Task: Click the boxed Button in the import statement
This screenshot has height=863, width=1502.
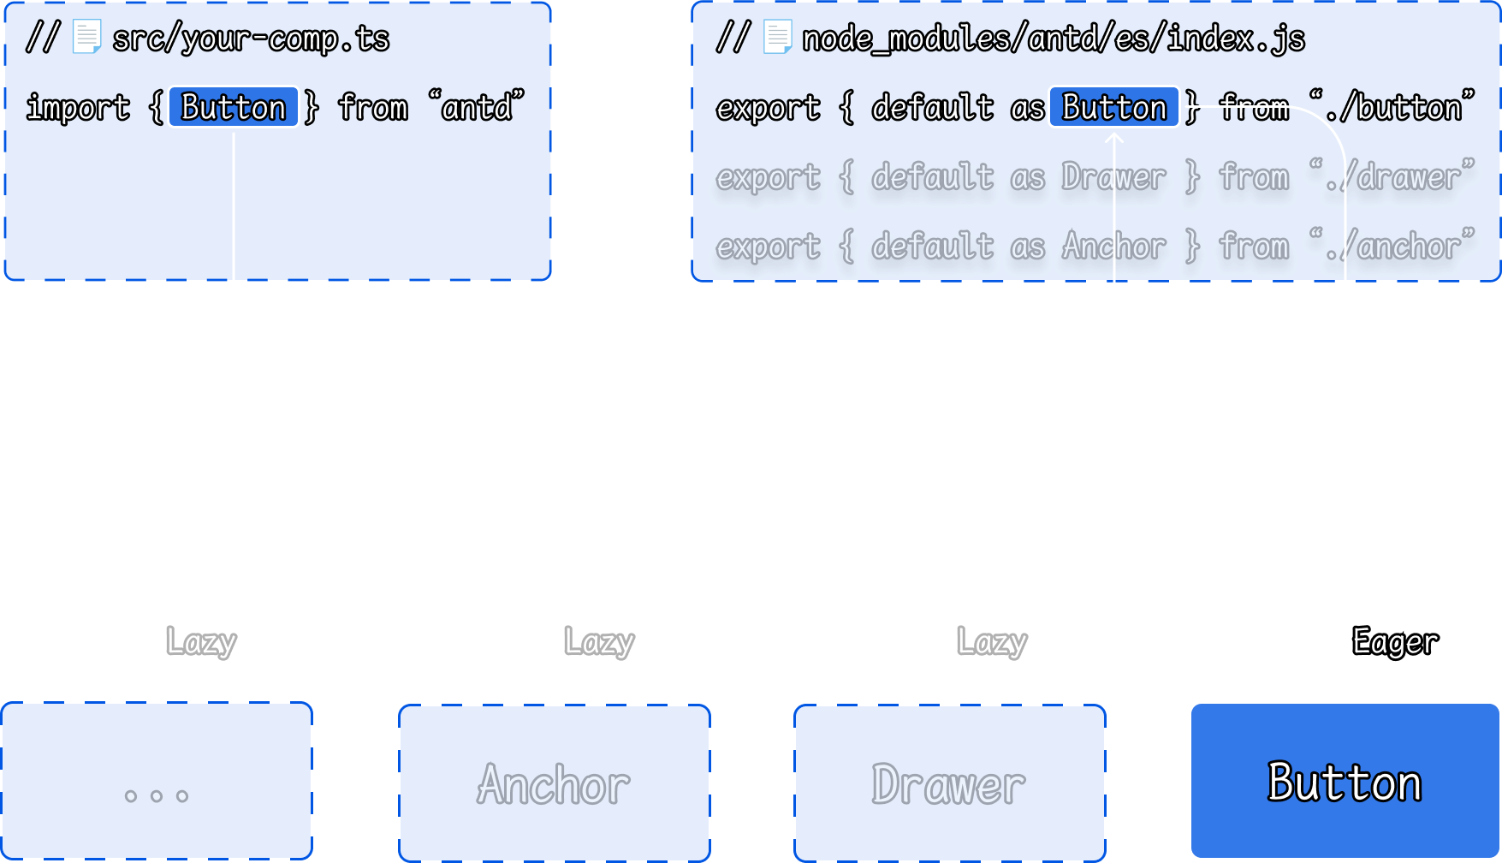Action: pyautogui.click(x=234, y=108)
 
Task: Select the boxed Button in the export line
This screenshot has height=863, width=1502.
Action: pyautogui.click(x=1113, y=108)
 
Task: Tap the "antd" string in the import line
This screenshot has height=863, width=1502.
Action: pyautogui.click(x=476, y=108)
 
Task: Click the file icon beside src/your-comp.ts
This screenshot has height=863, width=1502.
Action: pyautogui.click(x=86, y=38)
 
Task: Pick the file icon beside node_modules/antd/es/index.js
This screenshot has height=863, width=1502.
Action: pyautogui.click(x=776, y=38)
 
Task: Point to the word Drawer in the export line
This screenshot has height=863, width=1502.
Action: pyautogui.click(x=1113, y=177)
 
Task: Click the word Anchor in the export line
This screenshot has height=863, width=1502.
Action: pyautogui.click(x=1113, y=247)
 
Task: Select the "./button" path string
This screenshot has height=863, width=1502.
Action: pyautogui.click(x=1392, y=108)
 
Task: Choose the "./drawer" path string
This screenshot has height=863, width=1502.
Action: pyautogui.click(x=1392, y=177)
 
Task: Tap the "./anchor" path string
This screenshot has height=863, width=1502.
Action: pyautogui.click(x=1392, y=247)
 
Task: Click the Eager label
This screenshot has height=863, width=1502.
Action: pyautogui.click(x=1395, y=642)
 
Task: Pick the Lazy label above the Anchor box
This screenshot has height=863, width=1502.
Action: pyautogui.click(x=599, y=642)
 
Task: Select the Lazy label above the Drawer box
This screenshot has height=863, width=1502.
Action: pyautogui.click(x=992, y=642)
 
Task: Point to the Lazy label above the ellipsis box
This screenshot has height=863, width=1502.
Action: pyautogui.click(x=201, y=642)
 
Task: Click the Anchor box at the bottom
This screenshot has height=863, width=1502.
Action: pyautogui.click(x=555, y=783)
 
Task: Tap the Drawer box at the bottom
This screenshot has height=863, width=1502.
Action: pyautogui.click(x=949, y=783)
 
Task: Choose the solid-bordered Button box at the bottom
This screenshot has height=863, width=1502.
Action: pyautogui.click(x=1345, y=781)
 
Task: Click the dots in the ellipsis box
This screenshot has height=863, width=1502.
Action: pyautogui.click(x=157, y=795)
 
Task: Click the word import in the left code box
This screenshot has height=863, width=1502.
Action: pyautogui.click(x=78, y=108)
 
